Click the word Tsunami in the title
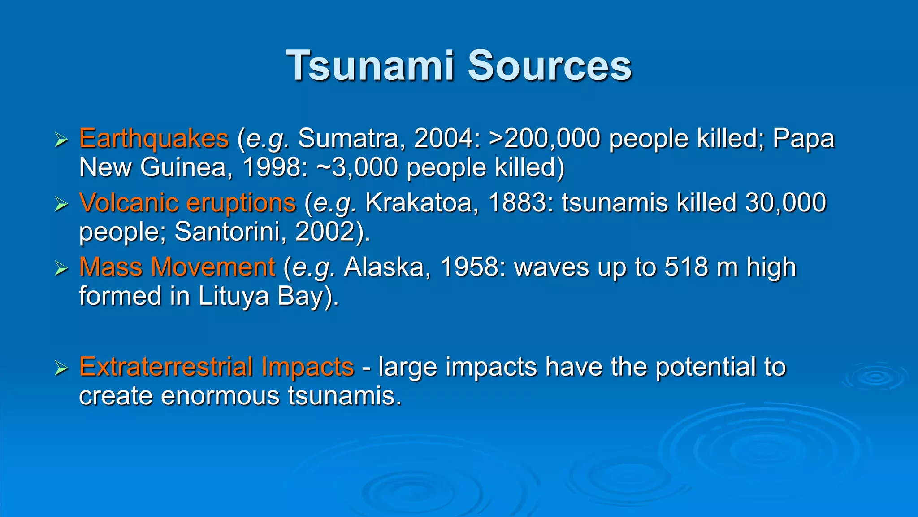(371, 66)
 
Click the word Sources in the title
(550, 66)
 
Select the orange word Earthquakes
(154, 139)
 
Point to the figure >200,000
(545, 138)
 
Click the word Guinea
(186, 167)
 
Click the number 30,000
(785, 202)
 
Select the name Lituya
(234, 296)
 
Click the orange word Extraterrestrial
(166, 367)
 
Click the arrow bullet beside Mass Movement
(61, 268)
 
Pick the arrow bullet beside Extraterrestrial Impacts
(61, 368)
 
